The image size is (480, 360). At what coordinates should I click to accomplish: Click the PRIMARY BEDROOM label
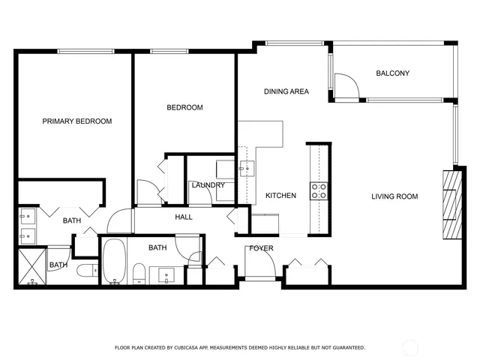tap(76, 121)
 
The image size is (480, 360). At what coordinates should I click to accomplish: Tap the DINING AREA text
tap(286, 91)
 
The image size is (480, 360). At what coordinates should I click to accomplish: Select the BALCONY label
tap(392, 73)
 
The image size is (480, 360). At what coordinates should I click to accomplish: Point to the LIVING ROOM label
tap(394, 196)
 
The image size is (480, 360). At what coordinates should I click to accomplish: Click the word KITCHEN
tap(280, 196)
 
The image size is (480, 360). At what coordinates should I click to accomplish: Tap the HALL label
tap(184, 217)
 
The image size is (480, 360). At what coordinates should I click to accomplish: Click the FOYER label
tap(261, 248)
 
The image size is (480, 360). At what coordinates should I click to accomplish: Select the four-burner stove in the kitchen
tap(319, 190)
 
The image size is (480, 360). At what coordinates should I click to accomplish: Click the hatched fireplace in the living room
tap(450, 203)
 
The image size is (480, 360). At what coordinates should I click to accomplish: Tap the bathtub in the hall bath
tap(115, 262)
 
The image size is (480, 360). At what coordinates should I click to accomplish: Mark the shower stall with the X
tap(31, 266)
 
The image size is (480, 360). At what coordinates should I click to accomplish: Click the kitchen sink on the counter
tap(244, 169)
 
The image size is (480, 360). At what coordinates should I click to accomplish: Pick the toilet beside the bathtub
tap(138, 274)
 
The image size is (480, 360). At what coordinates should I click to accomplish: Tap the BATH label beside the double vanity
tap(72, 220)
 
